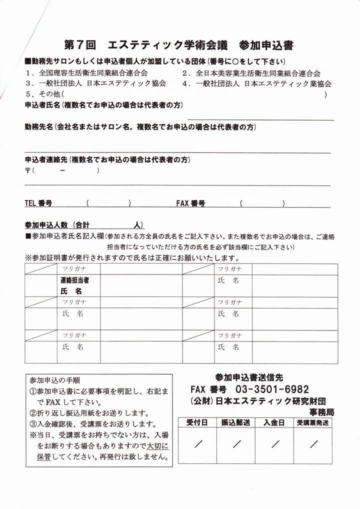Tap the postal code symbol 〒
pyautogui.click(x=27, y=171)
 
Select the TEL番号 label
pyautogui.click(x=38, y=203)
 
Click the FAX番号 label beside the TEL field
pyautogui.click(x=190, y=203)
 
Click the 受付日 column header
pyautogui.click(x=196, y=422)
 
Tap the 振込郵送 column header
pyautogui.click(x=235, y=422)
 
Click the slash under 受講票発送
pyautogui.click(x=314, y=443)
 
